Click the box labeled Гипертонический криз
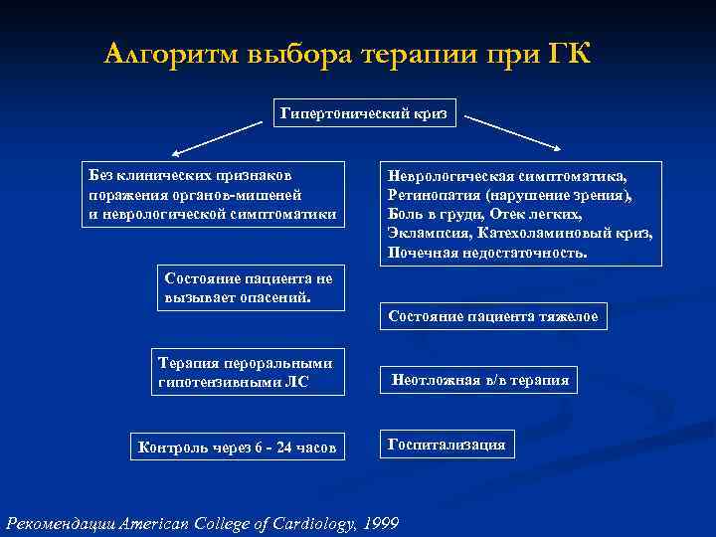point(364,114)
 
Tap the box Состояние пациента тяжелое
point(493,316)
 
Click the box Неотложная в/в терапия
point(480,379)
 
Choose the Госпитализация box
point(447,444)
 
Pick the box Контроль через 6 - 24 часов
point(238,447)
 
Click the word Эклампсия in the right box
point(430,234)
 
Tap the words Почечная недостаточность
point(487,253)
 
